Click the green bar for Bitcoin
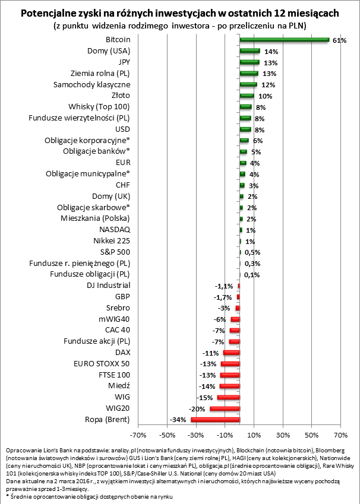pyautogui.click(x=284, y=40)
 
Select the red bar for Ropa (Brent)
pyautogui.click(x=215, y=420)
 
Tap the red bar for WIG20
pyautogui.click(x=225, y=408)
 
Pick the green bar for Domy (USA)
pyautogui.click(x=250, y=51)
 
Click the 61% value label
pyautogui.click(x=339, y=40)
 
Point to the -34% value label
pyautogui.click(x=179, y=420)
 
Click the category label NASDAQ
pyautogui.click(x=115, y=230)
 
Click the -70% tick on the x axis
pyautogui.click(x=138, y=432)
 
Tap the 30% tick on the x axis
pyautogui.click(x=283, y=432)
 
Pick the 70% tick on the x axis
pyautogui.click(x=340, y=432)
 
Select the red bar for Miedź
pyautogui.click(x=229, y=386)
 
